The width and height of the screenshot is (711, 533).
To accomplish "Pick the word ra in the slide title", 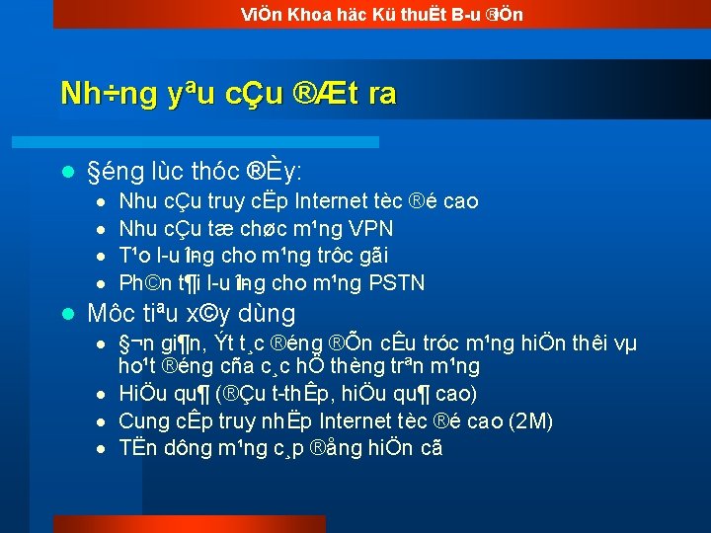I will [381, 94].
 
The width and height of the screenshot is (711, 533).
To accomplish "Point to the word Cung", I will [143, 422].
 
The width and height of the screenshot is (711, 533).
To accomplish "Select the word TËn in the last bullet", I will [136, 448].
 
